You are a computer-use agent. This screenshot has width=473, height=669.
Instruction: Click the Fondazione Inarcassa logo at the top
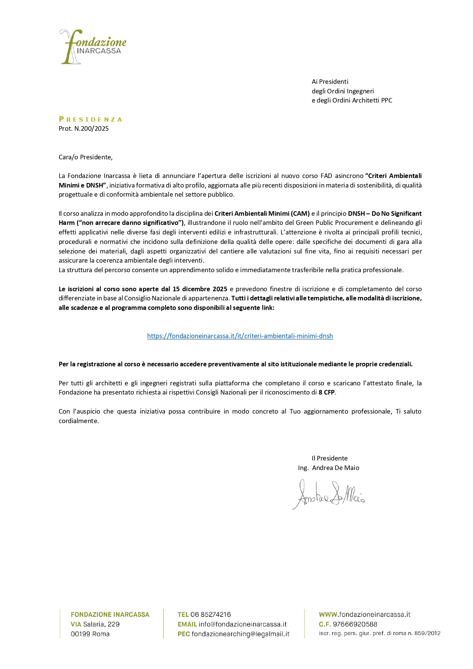click(93, 47)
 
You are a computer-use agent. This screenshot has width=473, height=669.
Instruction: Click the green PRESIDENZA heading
click(90, 119)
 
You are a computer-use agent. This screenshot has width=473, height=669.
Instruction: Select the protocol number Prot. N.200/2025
click(83, 128)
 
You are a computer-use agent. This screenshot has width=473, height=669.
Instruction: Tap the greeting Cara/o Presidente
click(85, 157)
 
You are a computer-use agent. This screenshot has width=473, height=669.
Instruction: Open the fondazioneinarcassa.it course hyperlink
click(240, 336)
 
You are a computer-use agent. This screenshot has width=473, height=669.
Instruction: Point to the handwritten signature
click(329, 495)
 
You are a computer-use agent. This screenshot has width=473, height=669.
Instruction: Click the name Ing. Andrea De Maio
click(329, 468)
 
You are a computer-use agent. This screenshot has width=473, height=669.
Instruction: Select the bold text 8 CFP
click(327, 392)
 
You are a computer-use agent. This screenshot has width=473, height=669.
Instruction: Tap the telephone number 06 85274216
click(210, 614)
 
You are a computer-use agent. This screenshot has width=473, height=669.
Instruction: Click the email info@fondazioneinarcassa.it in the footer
click(242, 624)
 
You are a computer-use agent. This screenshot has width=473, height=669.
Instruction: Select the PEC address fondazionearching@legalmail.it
click(240, 634)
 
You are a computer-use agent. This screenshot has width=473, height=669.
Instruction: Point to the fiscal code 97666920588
click(355, 624)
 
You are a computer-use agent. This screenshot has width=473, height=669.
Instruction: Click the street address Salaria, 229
click(101, 624)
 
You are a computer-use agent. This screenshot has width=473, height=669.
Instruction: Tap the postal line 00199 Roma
click(90, 634)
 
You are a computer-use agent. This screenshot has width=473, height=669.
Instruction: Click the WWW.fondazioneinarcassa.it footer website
click(364, 614)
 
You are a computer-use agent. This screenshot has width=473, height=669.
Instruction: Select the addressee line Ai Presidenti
click(330, 82)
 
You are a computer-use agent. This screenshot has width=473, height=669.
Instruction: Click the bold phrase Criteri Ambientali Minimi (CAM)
click(262, 213)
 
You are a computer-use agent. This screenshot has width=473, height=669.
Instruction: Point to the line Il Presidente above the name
click(329, 458)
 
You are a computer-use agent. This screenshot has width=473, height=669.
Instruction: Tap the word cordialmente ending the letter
click(78, 421)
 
